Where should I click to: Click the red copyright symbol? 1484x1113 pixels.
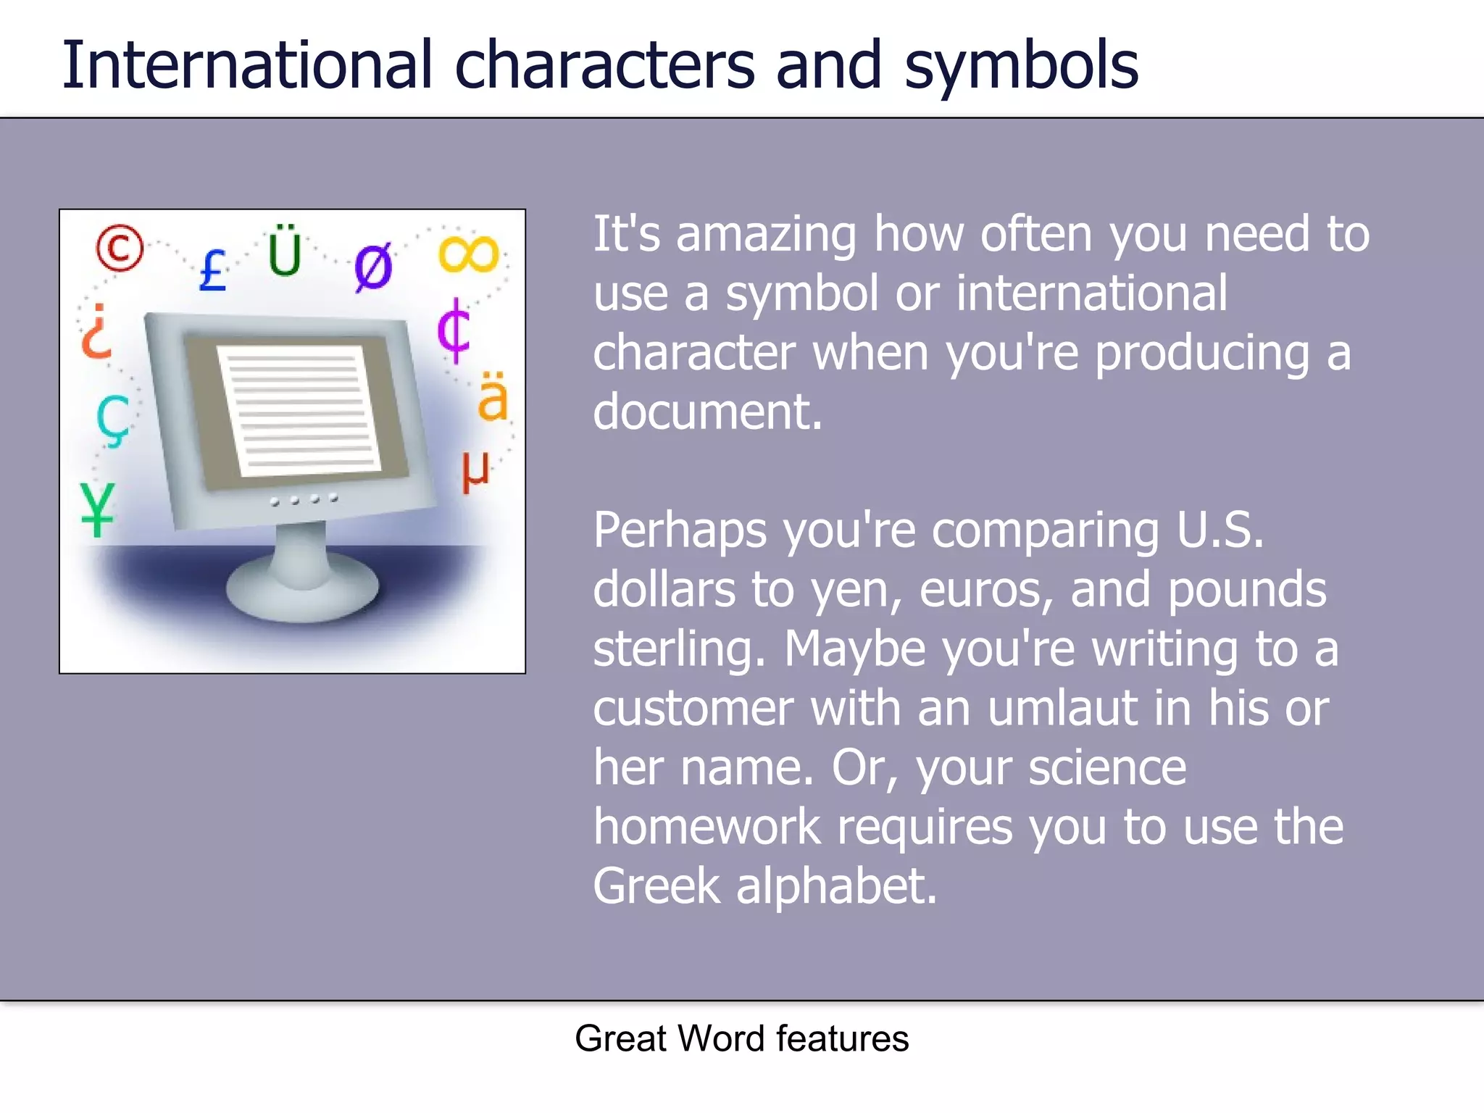pyautogui.click(x=120, y=247)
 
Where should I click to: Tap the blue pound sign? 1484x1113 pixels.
pyautogui.click(x=212, y=270)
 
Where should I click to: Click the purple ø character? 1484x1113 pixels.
pyautogui.click(x=374, y=267)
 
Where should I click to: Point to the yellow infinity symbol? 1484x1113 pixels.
pyautogui.click(x=469, y=254)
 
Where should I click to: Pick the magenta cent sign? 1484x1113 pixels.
pyautogui.click(x=454, y=330)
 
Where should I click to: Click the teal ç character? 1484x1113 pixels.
pyautogui.click(x=113, y=421)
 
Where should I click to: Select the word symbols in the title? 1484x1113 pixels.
pyautogui.click(x=1021, y=67)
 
